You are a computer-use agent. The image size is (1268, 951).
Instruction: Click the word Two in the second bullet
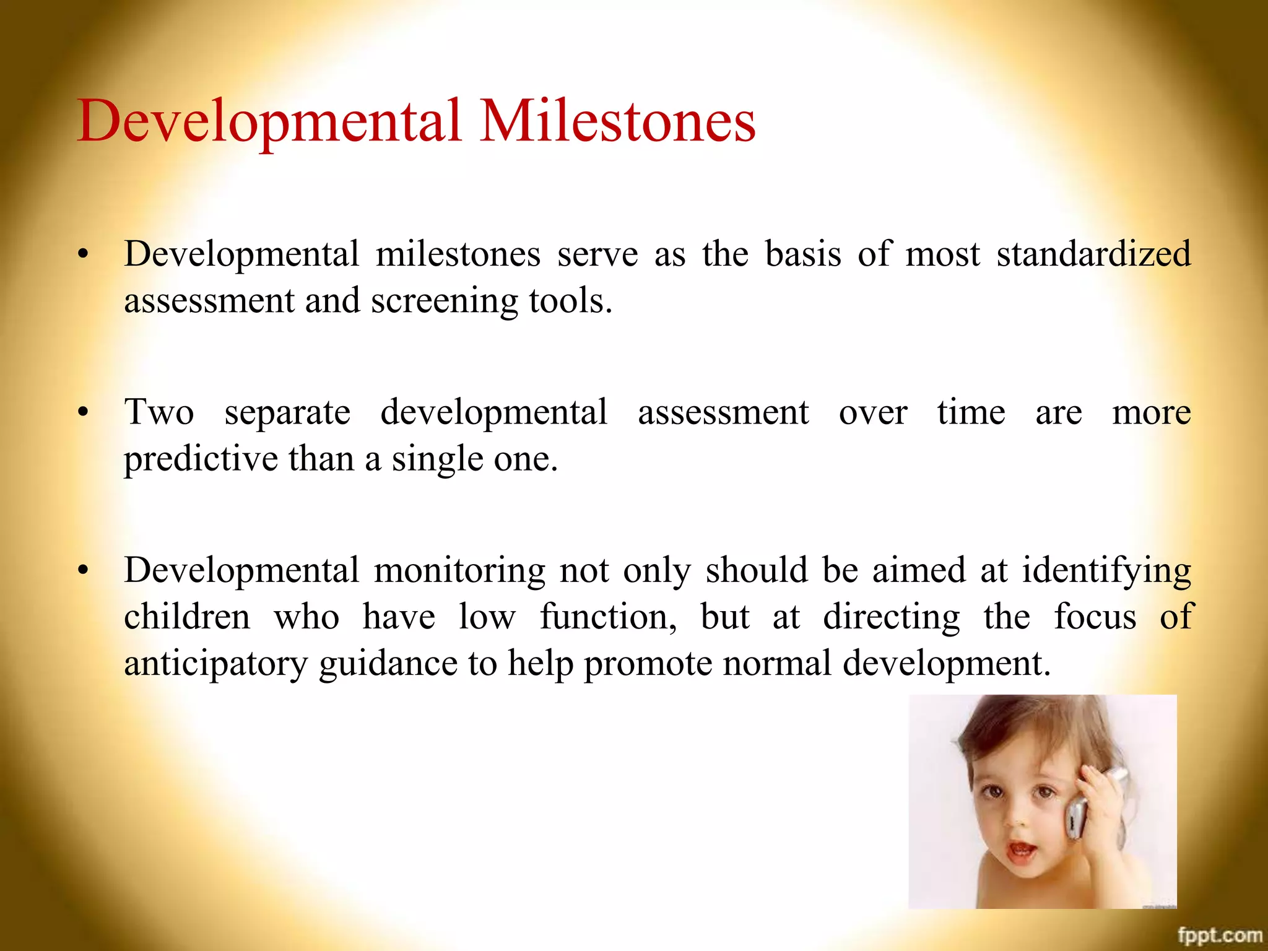click(159, 412)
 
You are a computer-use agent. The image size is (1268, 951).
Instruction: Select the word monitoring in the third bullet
click(459, 571)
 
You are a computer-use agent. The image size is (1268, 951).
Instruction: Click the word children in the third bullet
click(187, 617)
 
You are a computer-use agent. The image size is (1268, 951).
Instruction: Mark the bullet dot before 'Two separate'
click(84, 413)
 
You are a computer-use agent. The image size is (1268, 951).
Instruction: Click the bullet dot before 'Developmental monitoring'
click(84, 571)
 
